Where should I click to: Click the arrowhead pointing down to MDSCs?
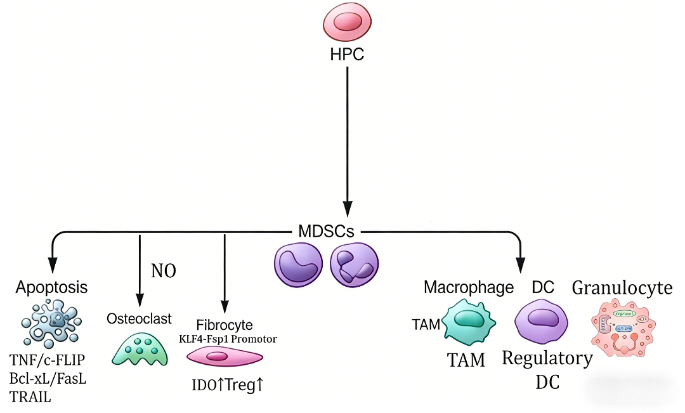[x=347, y=210]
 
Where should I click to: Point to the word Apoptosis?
[x=51, y=287]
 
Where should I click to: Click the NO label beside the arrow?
[x=163, y=271]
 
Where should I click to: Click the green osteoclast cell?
[x=140, y=349]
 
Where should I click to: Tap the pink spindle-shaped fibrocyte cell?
[x=223, y=357]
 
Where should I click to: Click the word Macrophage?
[x=468, y=287]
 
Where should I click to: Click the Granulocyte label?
[x=622, y=288]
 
